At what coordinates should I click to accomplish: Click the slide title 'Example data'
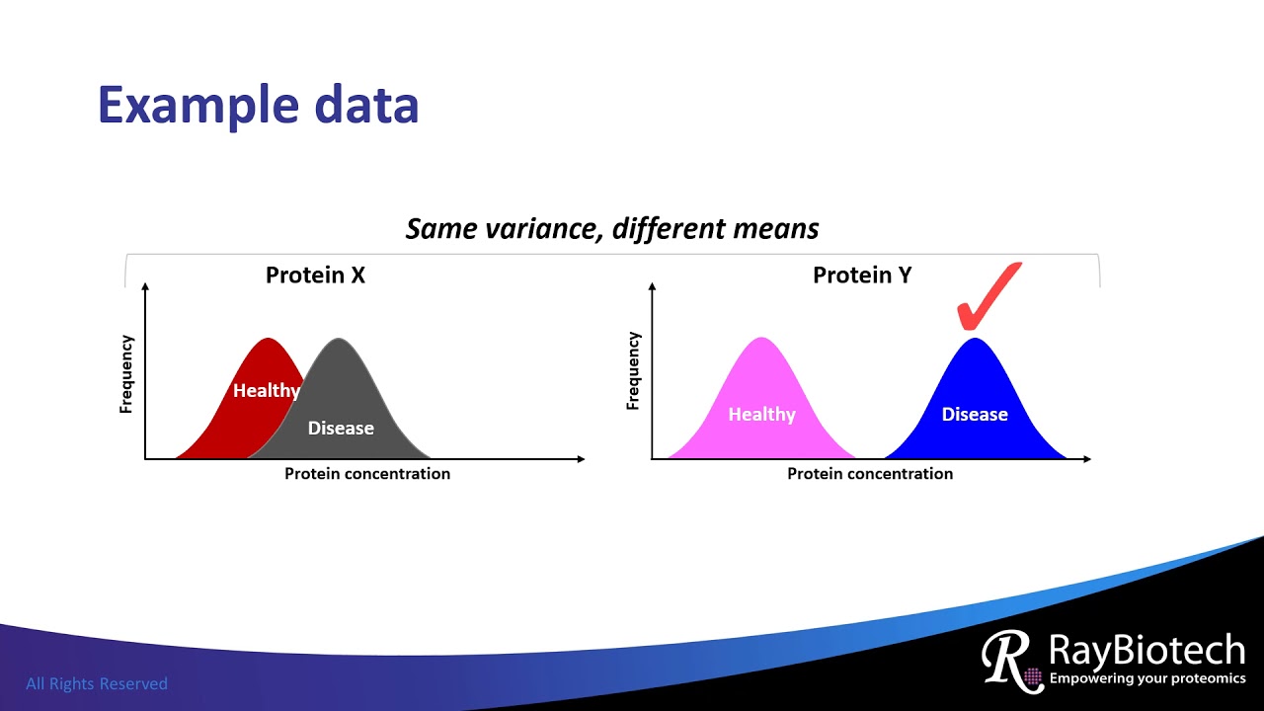click(258, 105)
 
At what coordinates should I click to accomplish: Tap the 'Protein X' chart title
click(315, 276)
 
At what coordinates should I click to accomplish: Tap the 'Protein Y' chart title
click(861, 276)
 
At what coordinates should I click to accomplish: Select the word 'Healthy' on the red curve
click(266, 391)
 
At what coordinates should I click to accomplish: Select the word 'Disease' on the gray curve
click(341, 428)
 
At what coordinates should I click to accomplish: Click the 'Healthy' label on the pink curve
click(761, 415)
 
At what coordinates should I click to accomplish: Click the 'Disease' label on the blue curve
click(975, 415)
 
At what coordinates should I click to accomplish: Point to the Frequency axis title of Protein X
click(126, 374)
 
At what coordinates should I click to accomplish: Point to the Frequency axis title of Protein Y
click(634, 371)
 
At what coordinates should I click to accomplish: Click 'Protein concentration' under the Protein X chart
click(367, 474)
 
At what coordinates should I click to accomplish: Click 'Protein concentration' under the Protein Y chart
click(870, 474)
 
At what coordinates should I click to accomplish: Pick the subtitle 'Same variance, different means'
click(612, 229)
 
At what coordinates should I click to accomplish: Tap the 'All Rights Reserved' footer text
click(97, 683)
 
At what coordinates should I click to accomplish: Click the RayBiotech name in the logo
click(1146, 652)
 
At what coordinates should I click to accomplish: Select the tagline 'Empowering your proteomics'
click(1146, 678)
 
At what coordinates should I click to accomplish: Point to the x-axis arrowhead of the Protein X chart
click(581, 459)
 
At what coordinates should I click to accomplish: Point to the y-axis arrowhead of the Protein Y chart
click(653, 286)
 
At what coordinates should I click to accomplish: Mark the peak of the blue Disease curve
click(975, 341)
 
